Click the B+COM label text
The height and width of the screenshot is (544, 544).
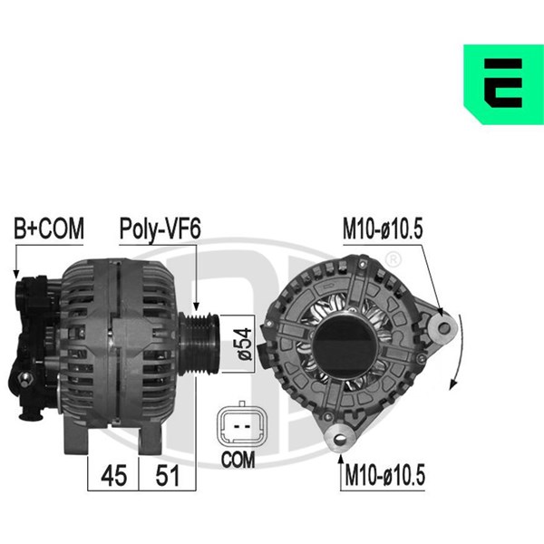(x=49, y=228)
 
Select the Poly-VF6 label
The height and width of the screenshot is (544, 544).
(x=160, y=229)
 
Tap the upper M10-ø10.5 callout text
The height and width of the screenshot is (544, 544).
(x=383, y=228)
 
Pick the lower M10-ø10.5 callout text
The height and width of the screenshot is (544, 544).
(x=384, y=475)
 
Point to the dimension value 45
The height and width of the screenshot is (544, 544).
(x=114, y=476)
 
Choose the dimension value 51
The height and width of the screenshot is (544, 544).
(x=168, y=476)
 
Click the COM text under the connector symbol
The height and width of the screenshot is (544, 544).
(x=238, y=460)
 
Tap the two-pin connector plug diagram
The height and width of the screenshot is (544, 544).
(x=242, y=424)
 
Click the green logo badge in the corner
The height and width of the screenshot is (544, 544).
(x=503, y=84)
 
